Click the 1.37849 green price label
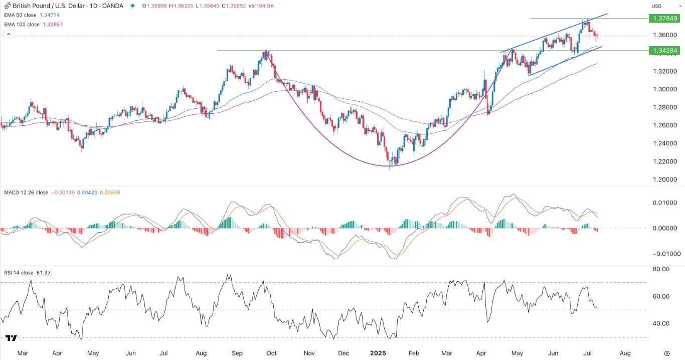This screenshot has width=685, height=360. click(665, 18)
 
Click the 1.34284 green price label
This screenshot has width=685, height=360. click(665, 51)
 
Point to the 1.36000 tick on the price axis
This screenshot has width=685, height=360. click(665, 35)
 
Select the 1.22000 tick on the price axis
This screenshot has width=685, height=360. click(665, 161)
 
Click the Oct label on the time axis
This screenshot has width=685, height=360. click(271, 353)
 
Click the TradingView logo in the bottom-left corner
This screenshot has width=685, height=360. click(11, 339)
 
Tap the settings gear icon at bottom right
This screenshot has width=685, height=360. click(667, 353)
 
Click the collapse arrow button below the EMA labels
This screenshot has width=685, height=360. click(8, 34)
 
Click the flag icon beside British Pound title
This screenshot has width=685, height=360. click(7, 6)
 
